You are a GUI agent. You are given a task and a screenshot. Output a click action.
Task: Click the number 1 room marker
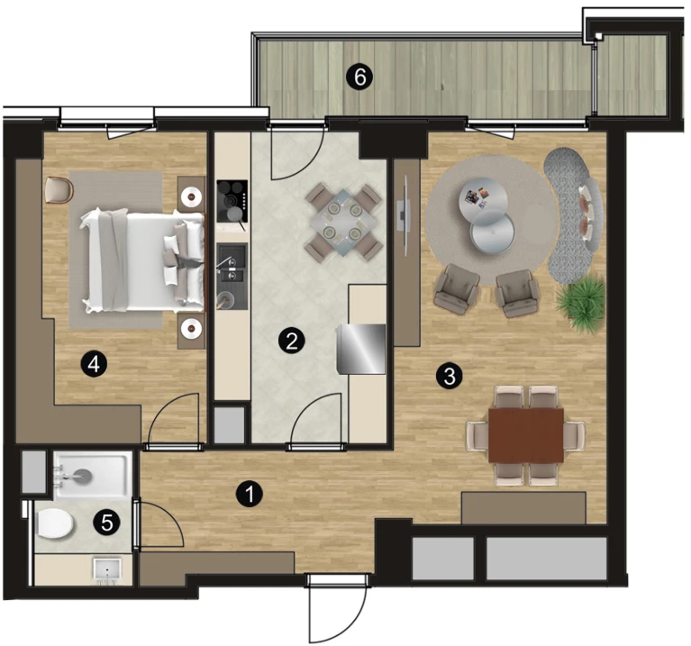(x=249, y=494)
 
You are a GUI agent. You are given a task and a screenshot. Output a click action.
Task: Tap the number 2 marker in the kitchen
(x=291, y=341)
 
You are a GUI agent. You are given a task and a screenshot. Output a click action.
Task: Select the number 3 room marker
(x=449, y=377)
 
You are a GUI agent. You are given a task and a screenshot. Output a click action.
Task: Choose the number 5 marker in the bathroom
(x=106, y=523)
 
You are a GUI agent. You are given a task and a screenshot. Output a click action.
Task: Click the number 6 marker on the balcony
(x=359, y=77)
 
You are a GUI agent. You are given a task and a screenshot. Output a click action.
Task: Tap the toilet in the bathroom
(x=54, y=523)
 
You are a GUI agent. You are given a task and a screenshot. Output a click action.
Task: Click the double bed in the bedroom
(x=143, y=262)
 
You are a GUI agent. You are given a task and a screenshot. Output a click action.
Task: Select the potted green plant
(x=581, y=302)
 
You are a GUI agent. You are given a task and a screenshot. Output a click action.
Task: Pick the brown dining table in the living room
(x=526, y=435)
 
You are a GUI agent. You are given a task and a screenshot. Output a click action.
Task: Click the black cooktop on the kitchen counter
(x=232, y=202)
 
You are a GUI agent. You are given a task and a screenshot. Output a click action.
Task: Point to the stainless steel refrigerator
(x=361, y=350)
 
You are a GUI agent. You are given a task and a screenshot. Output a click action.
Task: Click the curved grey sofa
(x=573, y=215)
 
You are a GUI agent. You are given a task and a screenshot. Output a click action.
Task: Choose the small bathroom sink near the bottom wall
(x=107, y=570)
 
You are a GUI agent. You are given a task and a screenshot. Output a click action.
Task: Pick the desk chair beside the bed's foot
(x=59, y=189)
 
